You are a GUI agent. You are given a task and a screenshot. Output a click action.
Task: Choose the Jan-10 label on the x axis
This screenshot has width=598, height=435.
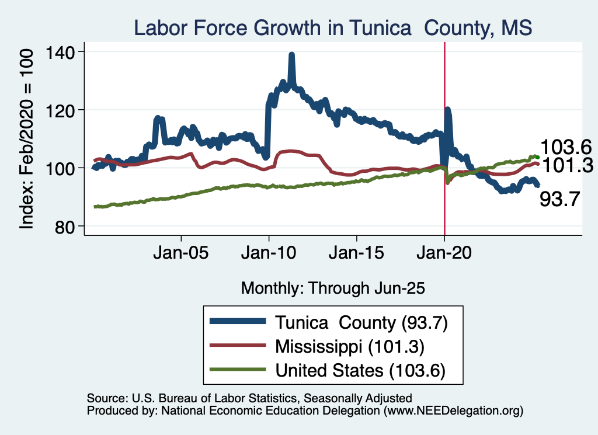point(269,255)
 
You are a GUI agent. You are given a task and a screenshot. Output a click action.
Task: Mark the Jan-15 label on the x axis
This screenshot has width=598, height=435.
point(356,255)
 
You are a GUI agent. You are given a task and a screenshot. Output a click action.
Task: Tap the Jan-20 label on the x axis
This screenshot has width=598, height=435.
point(444,255)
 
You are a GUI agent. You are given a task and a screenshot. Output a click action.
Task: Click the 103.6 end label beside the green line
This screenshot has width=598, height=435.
point(566,147)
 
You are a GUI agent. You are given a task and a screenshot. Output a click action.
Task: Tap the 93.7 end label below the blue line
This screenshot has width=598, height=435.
point(559,200)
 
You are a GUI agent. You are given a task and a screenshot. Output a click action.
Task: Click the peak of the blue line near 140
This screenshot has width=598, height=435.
point(291,55)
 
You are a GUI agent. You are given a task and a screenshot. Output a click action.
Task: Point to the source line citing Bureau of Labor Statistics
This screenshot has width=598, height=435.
point(249,398)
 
